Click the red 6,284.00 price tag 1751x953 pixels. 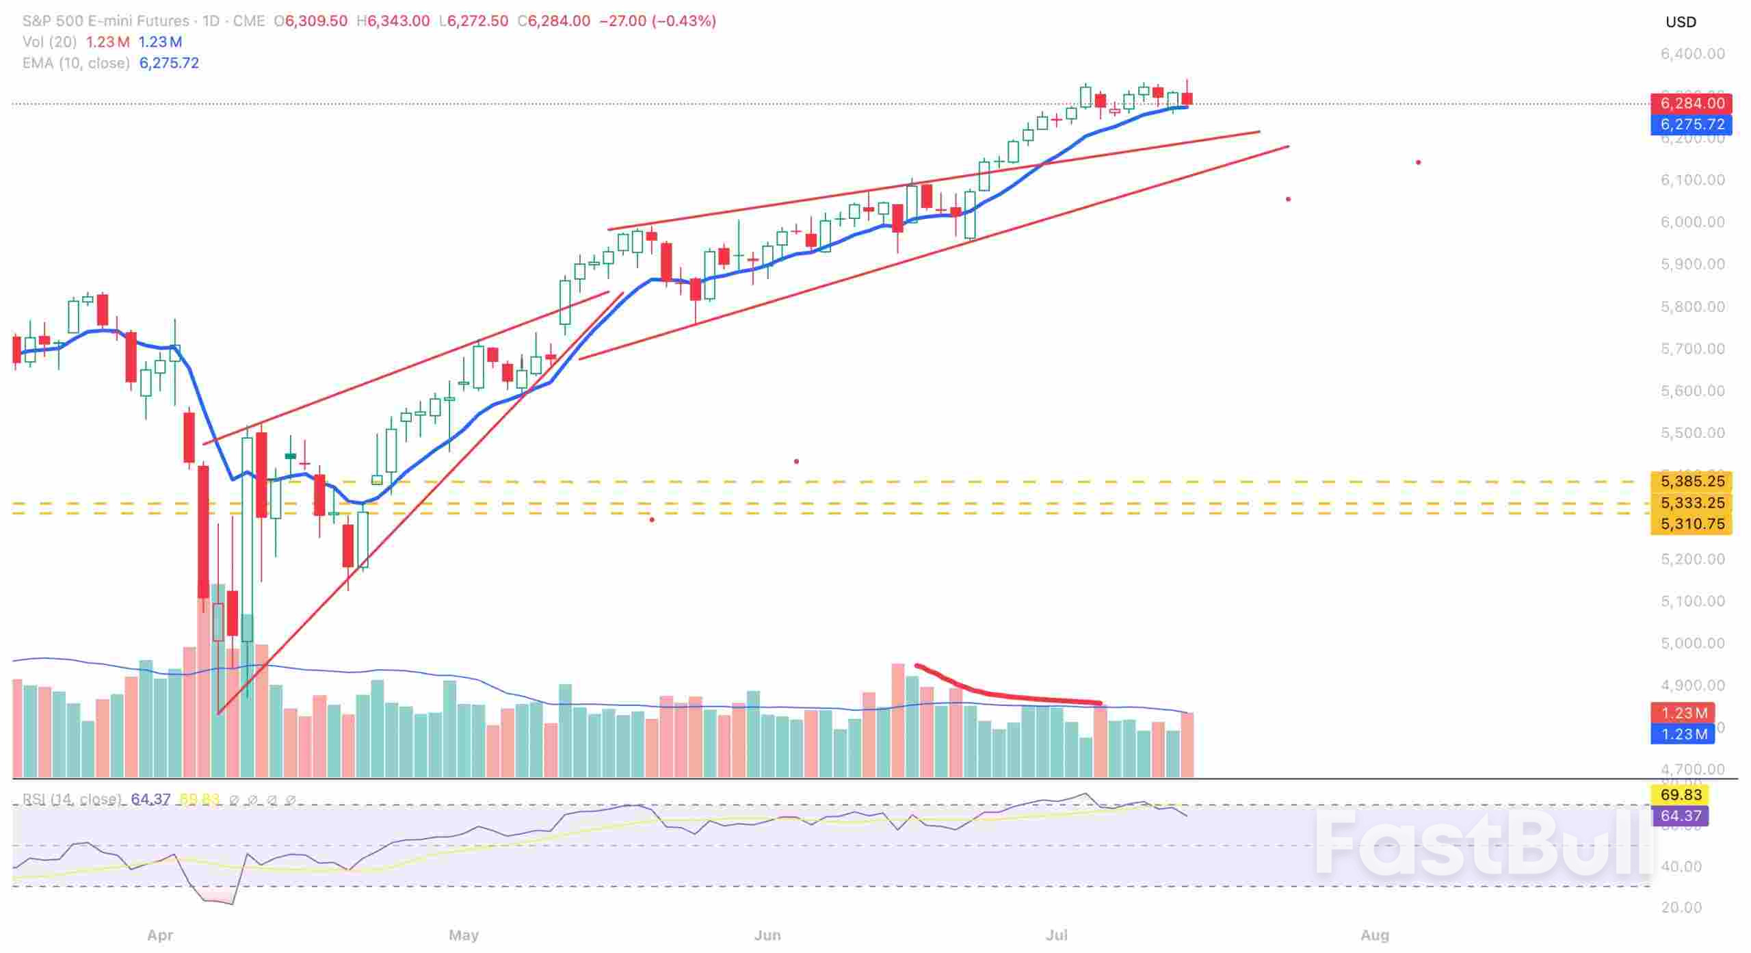1691,103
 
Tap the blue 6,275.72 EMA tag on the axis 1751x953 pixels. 1691,125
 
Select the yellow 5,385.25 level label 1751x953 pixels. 1691,482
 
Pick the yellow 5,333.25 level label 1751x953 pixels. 1691,503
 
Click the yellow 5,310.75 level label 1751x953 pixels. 1691,524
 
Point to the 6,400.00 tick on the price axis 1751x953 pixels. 1692,53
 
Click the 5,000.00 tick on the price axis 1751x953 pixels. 1692,643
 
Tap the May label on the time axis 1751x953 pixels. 463,935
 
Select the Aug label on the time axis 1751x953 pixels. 1374,935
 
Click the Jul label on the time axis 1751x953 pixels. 1057,935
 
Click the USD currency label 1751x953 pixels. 1681,22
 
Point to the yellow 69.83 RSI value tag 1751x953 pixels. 1681,795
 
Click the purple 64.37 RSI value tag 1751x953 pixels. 1681,815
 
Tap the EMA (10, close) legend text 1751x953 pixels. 76,63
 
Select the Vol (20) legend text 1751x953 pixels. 49,42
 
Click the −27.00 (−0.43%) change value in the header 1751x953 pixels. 657,21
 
